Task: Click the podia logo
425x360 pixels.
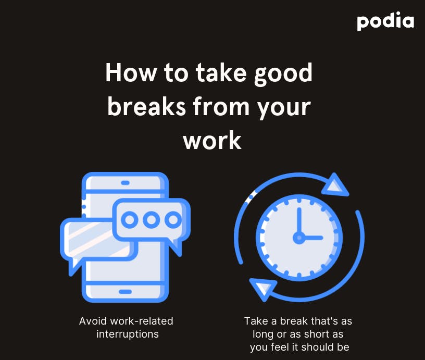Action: pos(385,21)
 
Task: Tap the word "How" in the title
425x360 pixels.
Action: pos(131,72)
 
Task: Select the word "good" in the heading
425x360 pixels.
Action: pos(283,74)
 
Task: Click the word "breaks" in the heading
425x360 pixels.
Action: pos(146,106)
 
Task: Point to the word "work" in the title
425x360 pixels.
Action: pos(212,141)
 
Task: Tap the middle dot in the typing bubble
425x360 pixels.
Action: pos(151,219)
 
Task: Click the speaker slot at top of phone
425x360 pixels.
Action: pos(125,183)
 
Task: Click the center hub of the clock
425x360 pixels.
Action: pos(299,238)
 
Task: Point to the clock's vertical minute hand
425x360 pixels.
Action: pos(299,221)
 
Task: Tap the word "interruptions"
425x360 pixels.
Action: pos(128,334)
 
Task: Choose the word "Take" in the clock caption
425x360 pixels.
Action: pos(256,321)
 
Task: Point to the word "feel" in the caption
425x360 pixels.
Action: pos(280,347)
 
